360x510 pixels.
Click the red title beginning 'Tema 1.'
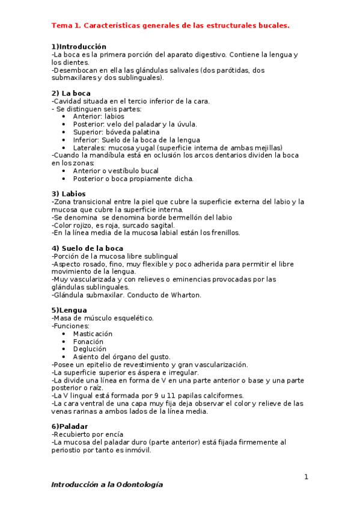click(170, 25)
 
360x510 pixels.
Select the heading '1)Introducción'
click(79, 46)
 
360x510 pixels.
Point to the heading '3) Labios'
click(69, 194)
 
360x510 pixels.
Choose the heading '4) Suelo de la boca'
click(87, 248)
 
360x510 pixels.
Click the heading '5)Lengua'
click(69, 310)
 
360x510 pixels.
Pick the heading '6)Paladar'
click(70, 426)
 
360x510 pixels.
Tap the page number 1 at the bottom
click(306, 477)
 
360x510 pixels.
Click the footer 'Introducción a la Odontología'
click(107, 484)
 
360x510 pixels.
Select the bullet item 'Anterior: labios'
click(99, 117)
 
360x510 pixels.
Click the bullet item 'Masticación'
click(93, 334)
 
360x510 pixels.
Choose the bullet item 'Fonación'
click(88, 342)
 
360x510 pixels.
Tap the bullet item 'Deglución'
click(90, 349)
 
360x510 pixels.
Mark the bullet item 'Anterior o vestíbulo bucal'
click(115, 171)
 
